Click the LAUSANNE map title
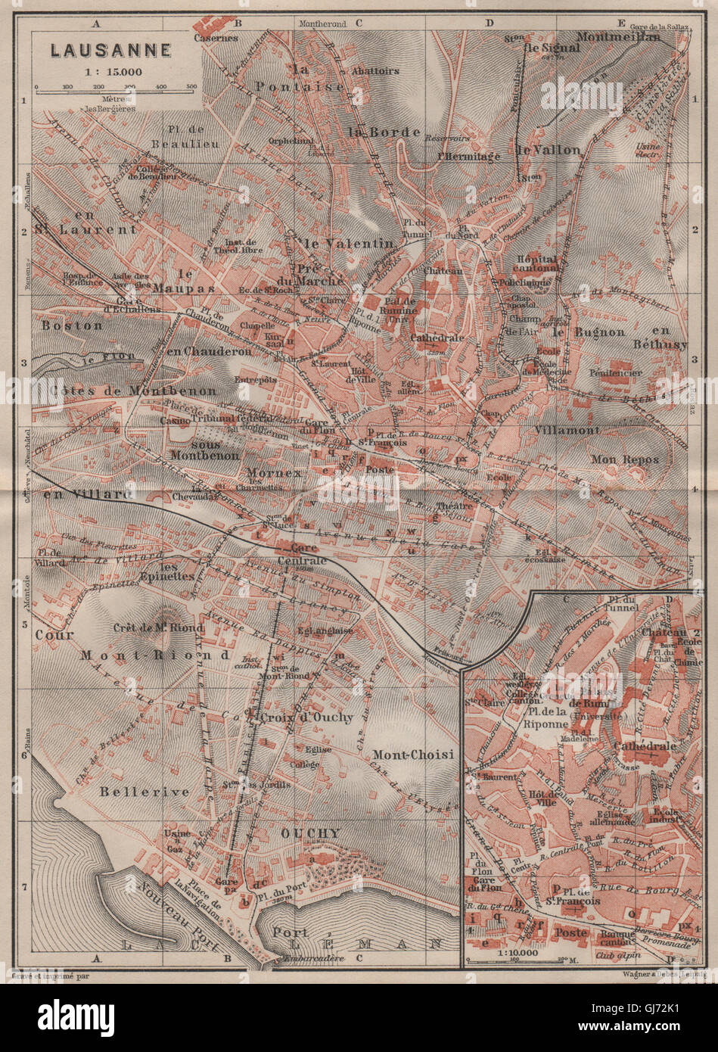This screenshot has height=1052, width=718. (x=110, y=51)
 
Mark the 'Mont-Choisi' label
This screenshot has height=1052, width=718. (x=412, y=755)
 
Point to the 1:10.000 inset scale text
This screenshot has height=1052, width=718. (x=506, y=951)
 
